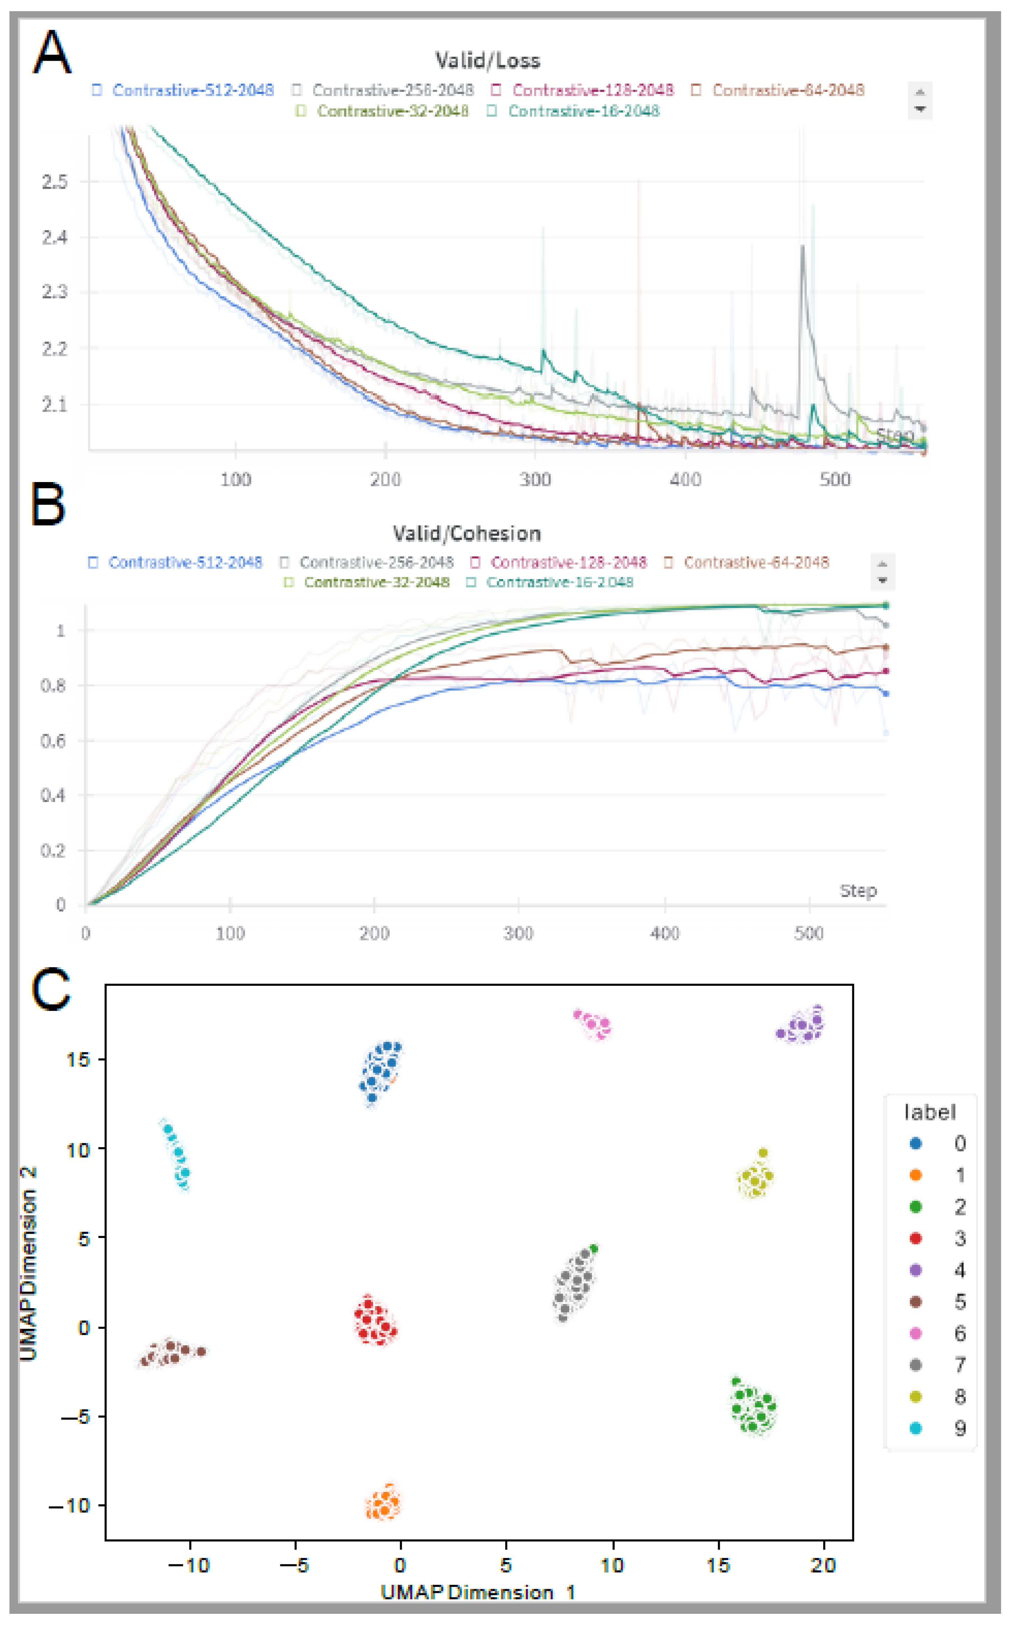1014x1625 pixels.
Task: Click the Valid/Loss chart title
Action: [487, 60]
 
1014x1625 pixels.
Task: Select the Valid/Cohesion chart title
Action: [467, 534]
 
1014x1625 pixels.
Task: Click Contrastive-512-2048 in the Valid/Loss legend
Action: [193, 90]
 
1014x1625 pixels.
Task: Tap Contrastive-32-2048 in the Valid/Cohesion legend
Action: [376, 582]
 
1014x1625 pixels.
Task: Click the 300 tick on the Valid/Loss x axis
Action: [535, 479]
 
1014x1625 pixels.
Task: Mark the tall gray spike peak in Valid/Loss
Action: [802, 247]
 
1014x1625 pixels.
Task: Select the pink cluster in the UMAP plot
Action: [594, 1024]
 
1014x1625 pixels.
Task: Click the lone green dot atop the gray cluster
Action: [594, 1248]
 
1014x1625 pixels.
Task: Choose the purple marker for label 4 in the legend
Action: [915, 1270]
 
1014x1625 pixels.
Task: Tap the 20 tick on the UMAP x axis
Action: [823, 1565]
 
